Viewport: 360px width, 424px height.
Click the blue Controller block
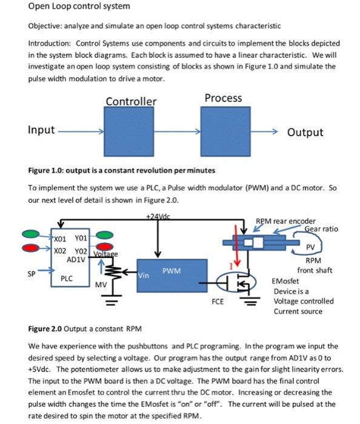click(x=128, y=131)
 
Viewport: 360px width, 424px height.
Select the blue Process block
click(x=225, y=131)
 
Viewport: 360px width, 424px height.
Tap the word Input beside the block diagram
click(x=41, y=130)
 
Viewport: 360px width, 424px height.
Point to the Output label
click(x=305, y=132)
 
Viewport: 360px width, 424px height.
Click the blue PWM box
click(x=172, y=276)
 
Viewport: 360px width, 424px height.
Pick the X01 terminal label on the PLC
click(x=60, y=239)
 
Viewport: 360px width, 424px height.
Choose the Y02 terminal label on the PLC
click(x=81, y=251)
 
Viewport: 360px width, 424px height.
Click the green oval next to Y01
click(x=105, y=235)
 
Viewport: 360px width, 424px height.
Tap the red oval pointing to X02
click(x=31, y=247)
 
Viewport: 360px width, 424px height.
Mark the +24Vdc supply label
click(x=158, y=217)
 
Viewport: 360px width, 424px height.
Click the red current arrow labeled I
click(x=236, y=245)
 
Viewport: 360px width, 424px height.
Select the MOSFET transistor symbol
click(x=237, y=283)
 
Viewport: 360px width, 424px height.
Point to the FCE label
click(x=218, y=302)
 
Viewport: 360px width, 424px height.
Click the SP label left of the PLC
click(x=32, y=274)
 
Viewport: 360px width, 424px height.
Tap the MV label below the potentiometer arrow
click(x=101, y=285)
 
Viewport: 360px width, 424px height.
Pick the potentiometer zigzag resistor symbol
click(x=112, y=271)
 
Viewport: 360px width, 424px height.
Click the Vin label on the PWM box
click(x=144, y=275)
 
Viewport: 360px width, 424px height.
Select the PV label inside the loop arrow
click(x=310, y=247)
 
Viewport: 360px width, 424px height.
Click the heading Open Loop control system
click(x=79, y=6)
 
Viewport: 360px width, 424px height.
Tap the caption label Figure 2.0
click(x=45, y=329)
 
